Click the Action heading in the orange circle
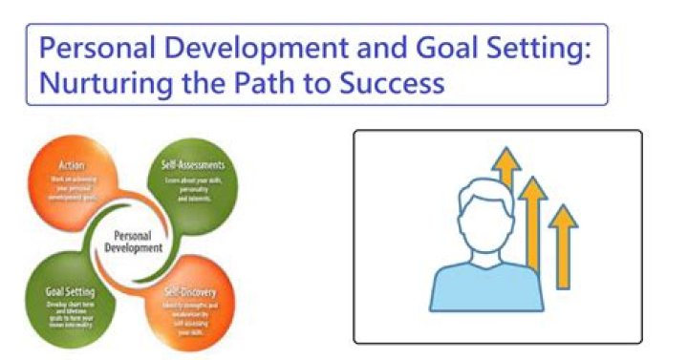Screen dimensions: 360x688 tap(73, 163)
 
